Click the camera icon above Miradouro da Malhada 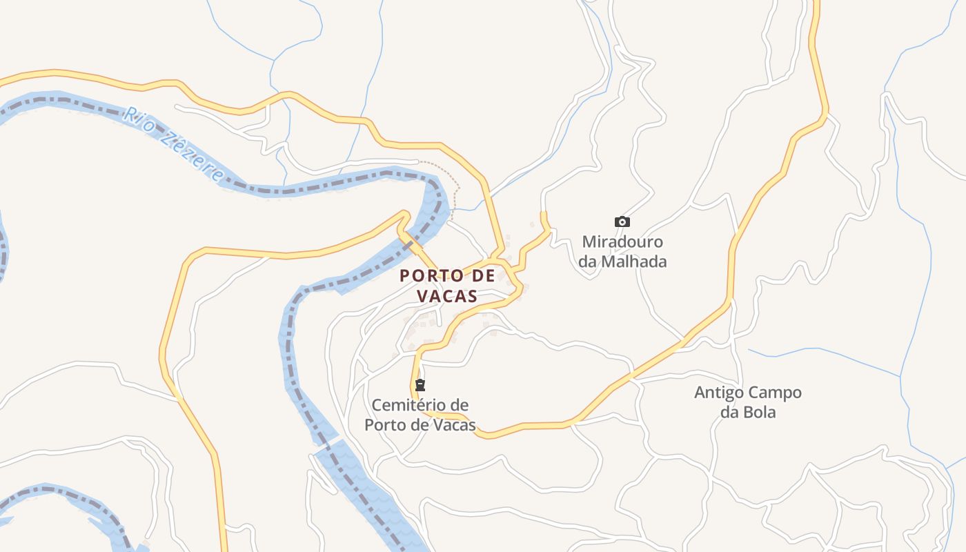pyautogui.click(x=622, y=221)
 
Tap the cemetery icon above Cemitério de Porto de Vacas pyautogui.click(x=420, y=384)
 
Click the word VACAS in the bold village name pyautogui.click(x=447, y=296)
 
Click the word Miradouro pyautogui.click(x=622, y=242)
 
